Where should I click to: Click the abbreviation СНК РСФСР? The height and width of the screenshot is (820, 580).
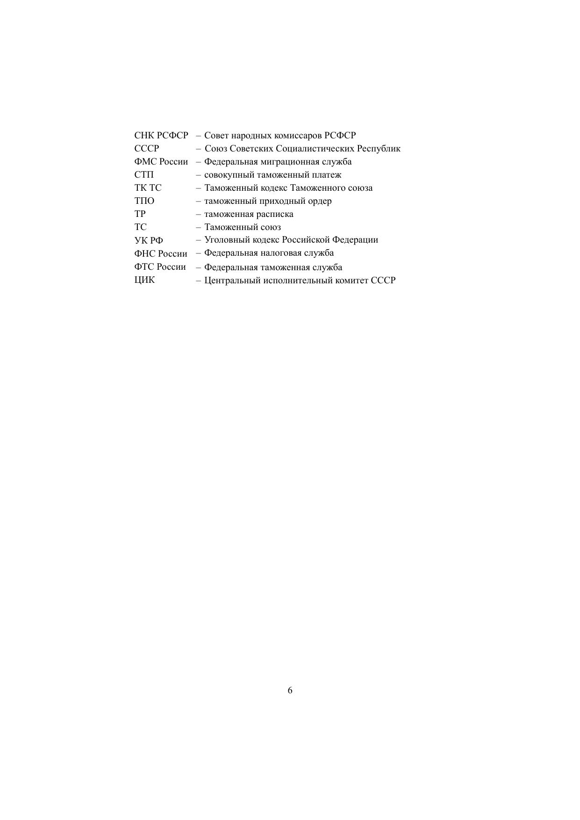[x=161, y=136]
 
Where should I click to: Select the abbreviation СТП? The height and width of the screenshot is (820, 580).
[x=144, y=175]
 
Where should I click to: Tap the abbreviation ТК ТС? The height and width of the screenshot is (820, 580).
[x=148, y=188]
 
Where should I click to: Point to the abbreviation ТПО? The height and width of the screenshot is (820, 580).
[x=144, y=201]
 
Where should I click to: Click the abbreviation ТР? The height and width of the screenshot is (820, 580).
[x=140, y=214]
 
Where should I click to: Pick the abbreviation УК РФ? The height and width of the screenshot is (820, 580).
[x=149, y=241]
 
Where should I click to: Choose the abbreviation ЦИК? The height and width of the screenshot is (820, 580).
[x=144, y=281]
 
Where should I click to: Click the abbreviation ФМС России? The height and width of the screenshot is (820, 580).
[x=161, y=162]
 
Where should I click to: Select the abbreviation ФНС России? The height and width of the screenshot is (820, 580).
[x=160, y=254]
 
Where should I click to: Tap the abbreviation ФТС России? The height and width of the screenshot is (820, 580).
[x=160, y=267]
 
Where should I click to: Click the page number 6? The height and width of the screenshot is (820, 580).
[x=290, y=691]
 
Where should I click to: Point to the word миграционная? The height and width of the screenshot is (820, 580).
[x=286, y=162]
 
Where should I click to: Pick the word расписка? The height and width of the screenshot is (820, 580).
[x=275, y=214]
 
